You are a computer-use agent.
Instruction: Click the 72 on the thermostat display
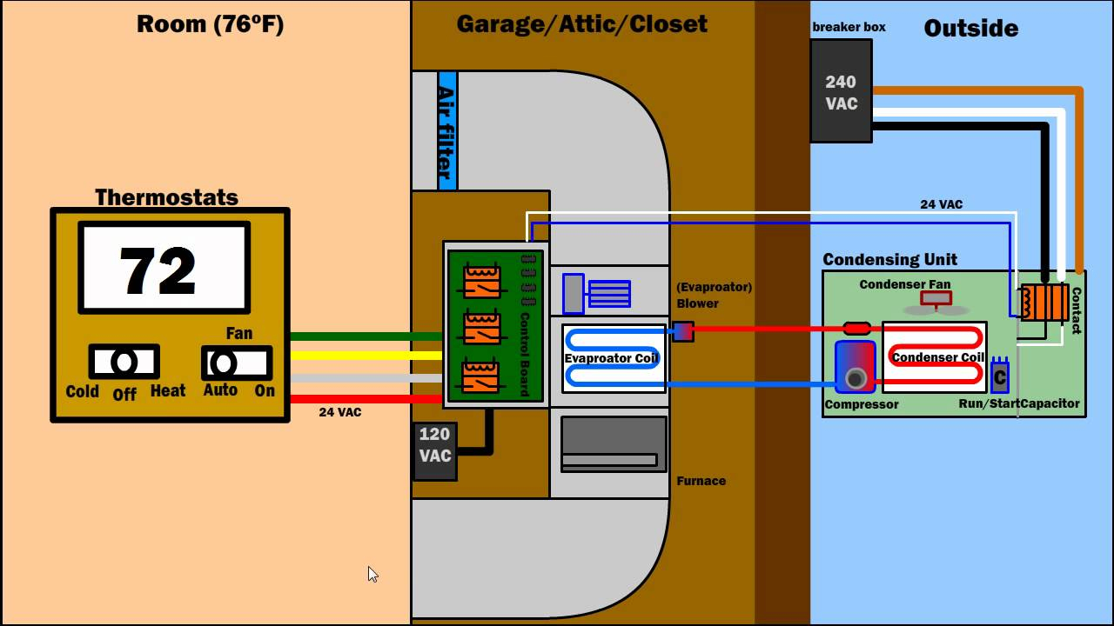click(x=158, y=270)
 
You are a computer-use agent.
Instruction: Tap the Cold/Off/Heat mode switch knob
click(x=124, y=363)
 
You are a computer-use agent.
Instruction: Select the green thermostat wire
click(x=366, y=336)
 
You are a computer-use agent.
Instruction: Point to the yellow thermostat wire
click(x=366, y=356)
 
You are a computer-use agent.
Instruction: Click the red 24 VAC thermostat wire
click(x=366, y=399)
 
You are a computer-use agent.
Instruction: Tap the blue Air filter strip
click(x=447, y=130)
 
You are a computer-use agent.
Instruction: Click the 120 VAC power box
click(x=434, y=451)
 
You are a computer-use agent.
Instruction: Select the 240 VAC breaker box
click(x=841, y=91)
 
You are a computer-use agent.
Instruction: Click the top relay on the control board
click(x=482, y=281)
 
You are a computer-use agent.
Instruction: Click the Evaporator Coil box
click(x=614, y=359)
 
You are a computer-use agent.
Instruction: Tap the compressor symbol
click(x=856, y=367)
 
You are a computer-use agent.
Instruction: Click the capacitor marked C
click(x=1000, y=376)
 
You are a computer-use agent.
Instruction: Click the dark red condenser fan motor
click(x=936, y=298)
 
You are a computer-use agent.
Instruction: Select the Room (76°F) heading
click(x=210, y=24)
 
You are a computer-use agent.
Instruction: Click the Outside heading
click(x=970, y=29)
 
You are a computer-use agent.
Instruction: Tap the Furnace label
click(x=701, y=481)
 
